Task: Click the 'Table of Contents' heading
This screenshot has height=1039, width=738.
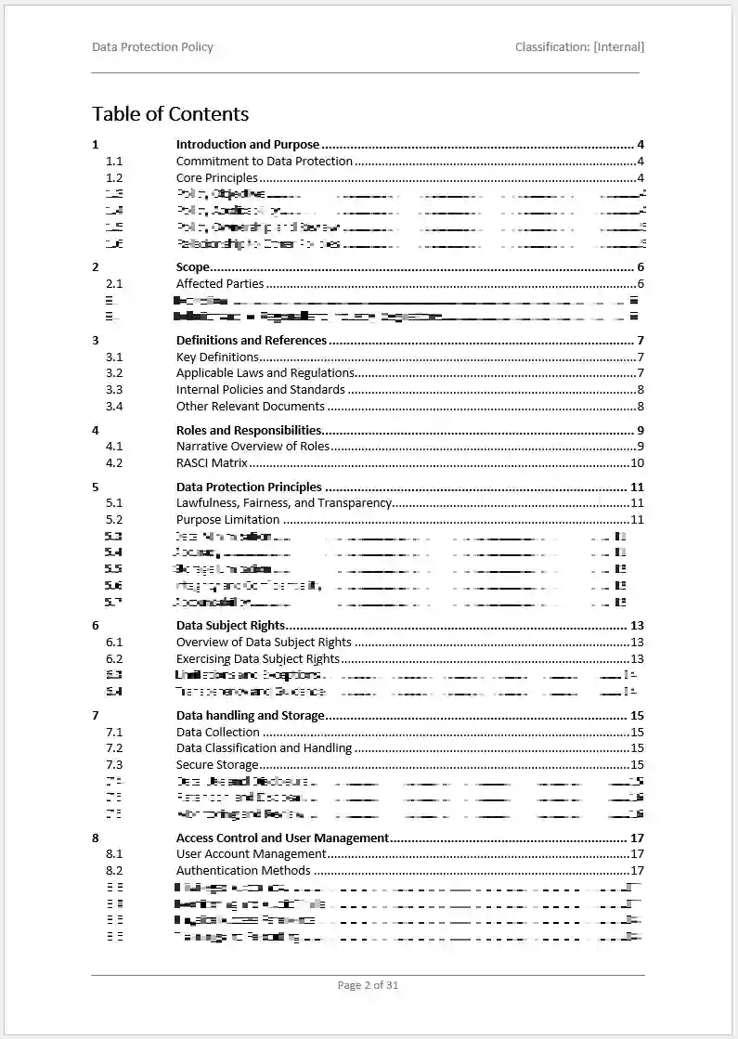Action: [170, 114]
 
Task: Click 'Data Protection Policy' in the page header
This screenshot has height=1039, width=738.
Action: [152, 46]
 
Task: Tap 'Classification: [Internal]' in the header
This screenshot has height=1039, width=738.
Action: [579, 46]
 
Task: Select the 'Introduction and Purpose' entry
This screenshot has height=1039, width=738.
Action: [247, 145]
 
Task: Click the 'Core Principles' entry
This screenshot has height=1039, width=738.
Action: [216, 178]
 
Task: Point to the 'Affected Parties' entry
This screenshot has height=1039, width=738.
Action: [220, 284]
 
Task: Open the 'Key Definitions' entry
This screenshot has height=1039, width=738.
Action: [217, 357]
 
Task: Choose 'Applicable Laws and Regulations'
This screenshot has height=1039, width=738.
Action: [265, 373]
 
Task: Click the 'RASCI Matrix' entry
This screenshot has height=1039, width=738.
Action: [212, 462]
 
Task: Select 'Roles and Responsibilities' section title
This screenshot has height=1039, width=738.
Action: [249, 430]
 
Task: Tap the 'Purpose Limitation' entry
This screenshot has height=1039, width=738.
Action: [227, 520]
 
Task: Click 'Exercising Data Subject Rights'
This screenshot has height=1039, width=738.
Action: [258, 659]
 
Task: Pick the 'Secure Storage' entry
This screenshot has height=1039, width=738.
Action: [217, 765]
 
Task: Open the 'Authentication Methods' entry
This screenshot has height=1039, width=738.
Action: [243, 871]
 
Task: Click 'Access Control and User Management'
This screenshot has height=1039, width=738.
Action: [282, 838]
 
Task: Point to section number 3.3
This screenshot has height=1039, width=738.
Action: [114, 390]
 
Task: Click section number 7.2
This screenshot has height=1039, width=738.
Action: [114, 748]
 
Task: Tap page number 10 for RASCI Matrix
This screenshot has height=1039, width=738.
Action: [637, 462]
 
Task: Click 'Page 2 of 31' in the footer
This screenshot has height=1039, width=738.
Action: [368, 985]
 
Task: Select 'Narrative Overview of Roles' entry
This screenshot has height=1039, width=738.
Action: [252, 447]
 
